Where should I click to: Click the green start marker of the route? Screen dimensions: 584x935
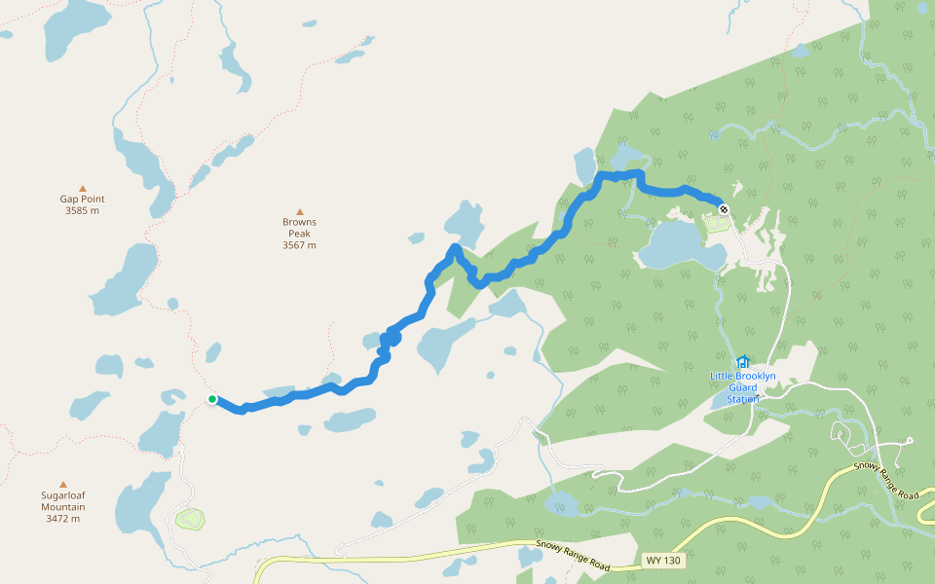tap(212, 399)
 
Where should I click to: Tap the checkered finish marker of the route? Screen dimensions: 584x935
tap(723, 208)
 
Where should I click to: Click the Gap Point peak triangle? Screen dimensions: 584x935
tap(83, 189)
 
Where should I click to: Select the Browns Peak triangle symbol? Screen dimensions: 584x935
tap(300, 211)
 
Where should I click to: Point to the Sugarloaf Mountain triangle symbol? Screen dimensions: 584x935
tap(63, 484)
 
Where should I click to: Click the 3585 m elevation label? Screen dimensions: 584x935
tap(82, 210)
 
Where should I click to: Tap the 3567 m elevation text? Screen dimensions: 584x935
tap(299, 245)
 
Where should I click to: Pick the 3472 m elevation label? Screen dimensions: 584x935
tap(62, 519)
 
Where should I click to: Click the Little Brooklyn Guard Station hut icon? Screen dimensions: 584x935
tap(743, 362)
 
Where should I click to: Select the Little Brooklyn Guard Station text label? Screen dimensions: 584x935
tap(743, 387)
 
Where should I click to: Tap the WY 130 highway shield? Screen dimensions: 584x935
tap(664, 561)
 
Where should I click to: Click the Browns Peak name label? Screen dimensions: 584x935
tap(299, 228)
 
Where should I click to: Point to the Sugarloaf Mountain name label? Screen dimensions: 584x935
tap(62, 501)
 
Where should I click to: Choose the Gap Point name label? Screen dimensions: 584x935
tap(82, 199)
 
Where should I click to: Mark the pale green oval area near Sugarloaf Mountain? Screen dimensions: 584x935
tap(189, 518)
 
